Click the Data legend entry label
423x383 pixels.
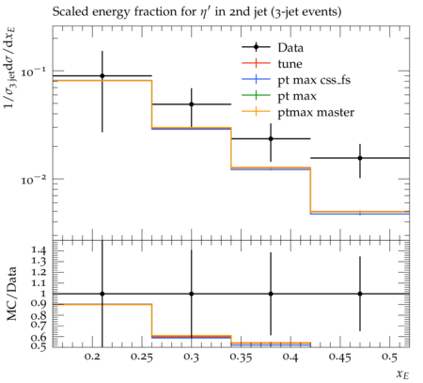coord(290,48)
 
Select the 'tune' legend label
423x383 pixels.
coord(290,64)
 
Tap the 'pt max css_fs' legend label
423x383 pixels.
coord(314,80)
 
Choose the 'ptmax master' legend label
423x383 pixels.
coord(316,113)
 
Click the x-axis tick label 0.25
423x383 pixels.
coord(142,357)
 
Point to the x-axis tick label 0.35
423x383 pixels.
coord(241,357)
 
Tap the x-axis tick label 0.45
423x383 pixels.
coord(340,357)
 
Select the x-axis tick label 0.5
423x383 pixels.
coord(389,357)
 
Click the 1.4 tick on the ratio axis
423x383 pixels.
coord(39,251)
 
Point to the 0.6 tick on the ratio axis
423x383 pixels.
coord(39,338)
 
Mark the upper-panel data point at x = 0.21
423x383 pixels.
coord(102,76)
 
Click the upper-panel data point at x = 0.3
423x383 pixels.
coord(192,104)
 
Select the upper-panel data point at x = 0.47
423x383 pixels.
coord(360,158)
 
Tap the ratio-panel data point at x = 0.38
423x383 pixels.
coord(271,294)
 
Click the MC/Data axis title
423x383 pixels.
coord(11,294)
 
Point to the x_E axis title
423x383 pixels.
coord(402,374)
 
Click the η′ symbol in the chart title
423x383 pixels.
coord(205,12)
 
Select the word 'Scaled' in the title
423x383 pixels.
coord(70,12)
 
